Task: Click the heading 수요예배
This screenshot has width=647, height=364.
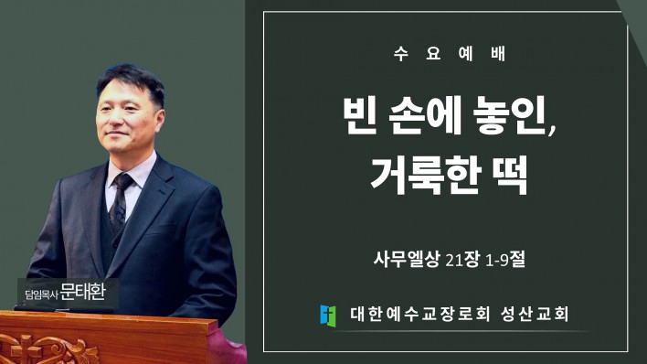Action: pos(450,54)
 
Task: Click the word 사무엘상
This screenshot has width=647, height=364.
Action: pos(406,260)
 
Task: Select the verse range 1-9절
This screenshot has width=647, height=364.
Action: pos(505,260)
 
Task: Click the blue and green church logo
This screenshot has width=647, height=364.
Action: pos(328,316)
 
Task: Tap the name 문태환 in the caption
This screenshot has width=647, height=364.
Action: pos(83,292)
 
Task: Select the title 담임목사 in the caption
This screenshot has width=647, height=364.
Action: pos(41,294)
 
